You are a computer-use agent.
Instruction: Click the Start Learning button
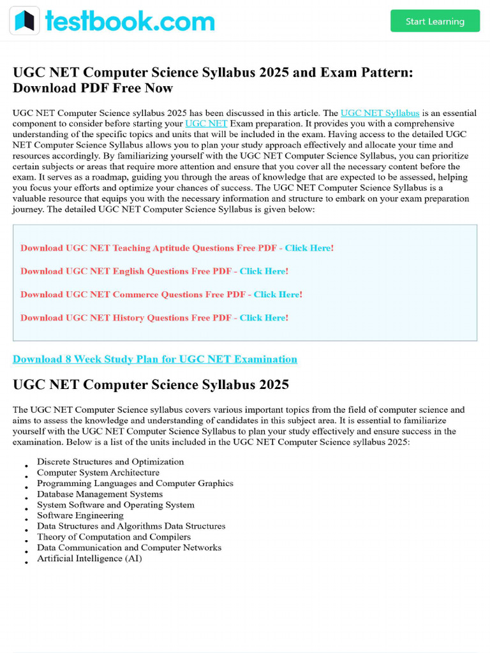tap(435, 21)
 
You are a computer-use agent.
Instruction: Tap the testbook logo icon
tap(24, 21)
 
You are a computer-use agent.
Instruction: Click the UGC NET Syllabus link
tap(380, 113)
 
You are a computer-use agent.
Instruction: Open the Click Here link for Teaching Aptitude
tap(308, 248)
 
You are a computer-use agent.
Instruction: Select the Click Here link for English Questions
tap(263, 271)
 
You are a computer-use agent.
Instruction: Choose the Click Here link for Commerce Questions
tap(277, 295)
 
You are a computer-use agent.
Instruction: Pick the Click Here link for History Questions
tap(263, 318)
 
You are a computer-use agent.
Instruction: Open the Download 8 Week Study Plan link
tap(155, 359)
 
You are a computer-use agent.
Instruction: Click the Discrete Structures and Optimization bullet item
tap(110, 462)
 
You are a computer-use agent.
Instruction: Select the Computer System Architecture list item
tap(98, 473)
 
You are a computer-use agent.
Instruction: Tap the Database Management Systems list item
tap(100, 494)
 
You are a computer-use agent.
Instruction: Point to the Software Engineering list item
tap(80, 515)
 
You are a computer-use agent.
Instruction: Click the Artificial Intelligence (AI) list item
tap(89, 559)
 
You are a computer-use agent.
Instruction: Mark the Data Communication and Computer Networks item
tap(129, 548)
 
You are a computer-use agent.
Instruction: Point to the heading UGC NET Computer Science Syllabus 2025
tap(151, 385)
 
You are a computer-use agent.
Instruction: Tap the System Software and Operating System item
tap(115, 505)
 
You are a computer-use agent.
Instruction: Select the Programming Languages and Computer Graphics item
tap(135, 483)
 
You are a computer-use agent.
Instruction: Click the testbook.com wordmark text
tap(130, 22)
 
